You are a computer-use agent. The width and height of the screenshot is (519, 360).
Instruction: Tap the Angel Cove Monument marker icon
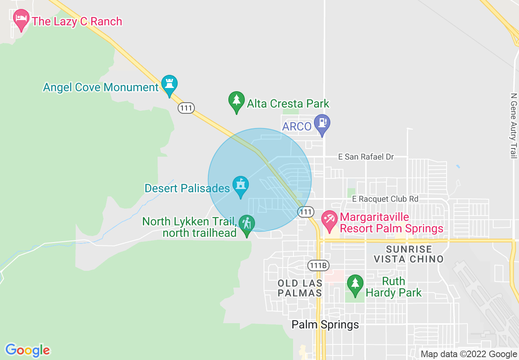click(x=169, y=84)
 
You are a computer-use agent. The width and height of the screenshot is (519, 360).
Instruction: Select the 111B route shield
click(x=318, y=265)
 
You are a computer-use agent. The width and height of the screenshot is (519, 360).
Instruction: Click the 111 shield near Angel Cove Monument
click(x=186, y=108)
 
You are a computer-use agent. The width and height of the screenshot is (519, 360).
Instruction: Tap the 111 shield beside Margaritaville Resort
click(x=306, y=211)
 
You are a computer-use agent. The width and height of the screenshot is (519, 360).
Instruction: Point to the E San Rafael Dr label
click(x=366, y=157)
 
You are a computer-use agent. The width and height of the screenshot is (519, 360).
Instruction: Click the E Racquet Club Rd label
click(x=385, y=199)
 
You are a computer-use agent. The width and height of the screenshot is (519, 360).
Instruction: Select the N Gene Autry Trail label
click(x=513, y=126)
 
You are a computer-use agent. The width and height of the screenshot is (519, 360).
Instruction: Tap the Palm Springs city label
click(x=325, y=325)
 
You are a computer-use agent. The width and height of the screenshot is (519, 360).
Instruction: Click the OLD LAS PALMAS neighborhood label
click(x=300, y=288)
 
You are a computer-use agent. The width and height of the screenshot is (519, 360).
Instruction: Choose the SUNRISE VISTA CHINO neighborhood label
click(x=408, y=254)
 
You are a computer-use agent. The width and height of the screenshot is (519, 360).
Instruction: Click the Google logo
click(x=27, y=350)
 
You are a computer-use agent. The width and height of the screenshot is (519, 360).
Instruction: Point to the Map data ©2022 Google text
click(x=469, y=354)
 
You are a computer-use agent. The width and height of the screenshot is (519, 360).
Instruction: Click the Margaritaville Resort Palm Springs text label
click(x=392, y=223)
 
